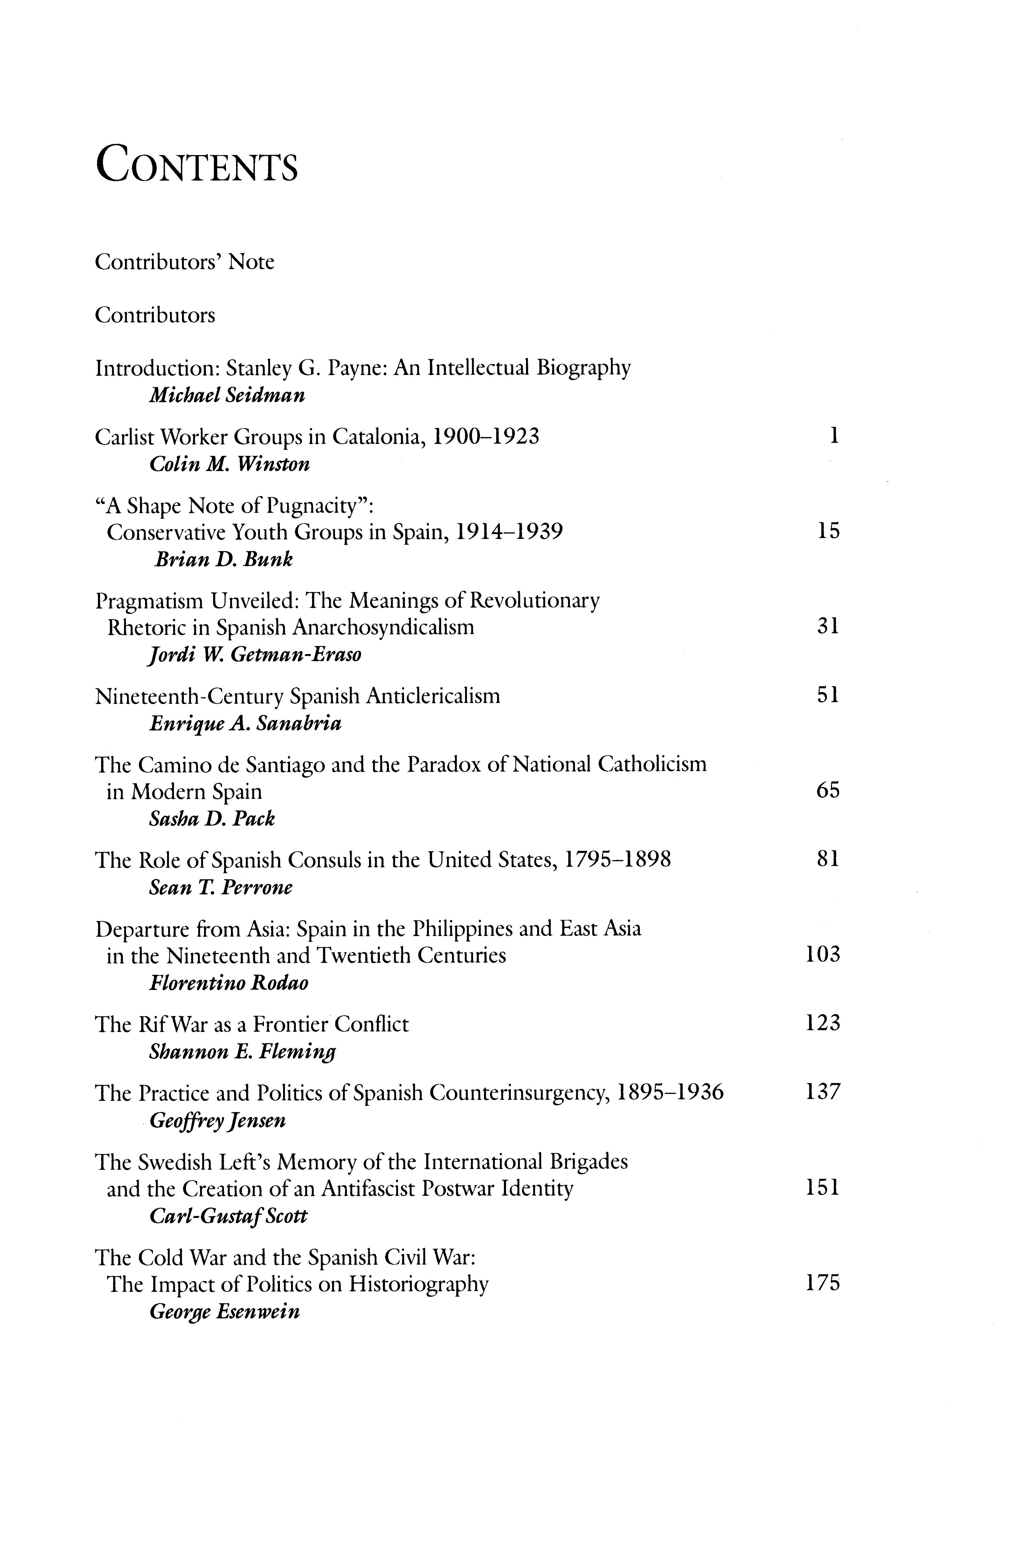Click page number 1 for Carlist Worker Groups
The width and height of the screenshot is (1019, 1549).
[x=834, y=435]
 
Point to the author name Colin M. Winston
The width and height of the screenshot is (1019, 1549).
[x=229, y=464]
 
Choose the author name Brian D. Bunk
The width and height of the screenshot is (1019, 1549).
[x=223, y=559]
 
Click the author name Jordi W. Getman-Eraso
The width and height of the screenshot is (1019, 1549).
[x=255, y=655]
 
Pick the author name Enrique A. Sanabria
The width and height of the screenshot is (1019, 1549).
[x=246, y=724]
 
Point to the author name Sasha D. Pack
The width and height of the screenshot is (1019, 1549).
[x=212, y=819]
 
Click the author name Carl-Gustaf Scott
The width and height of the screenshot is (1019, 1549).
[x=228, y=1216]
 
